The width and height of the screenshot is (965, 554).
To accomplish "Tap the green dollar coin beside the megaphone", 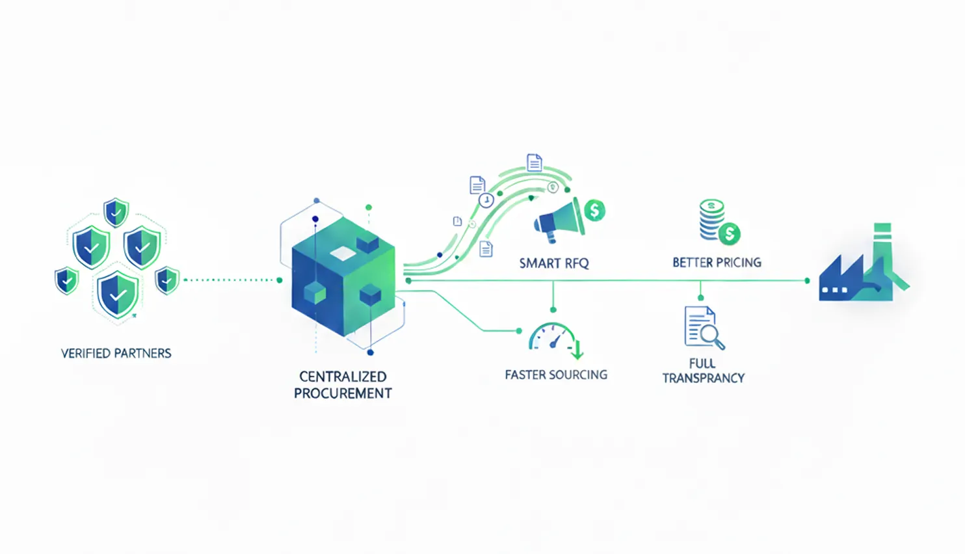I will pyautogui.click(x=594, y=210).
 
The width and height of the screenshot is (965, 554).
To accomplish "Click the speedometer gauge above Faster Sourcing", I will pyautogui.click(x=553, y=338).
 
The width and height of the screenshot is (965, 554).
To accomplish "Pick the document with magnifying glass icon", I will pyautogui.click(x=703, y=328).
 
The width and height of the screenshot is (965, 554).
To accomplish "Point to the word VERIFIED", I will pyautogui.click(x=86, y=354).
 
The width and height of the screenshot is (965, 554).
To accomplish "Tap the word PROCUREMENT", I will pyautogui.click(x=343, y=393).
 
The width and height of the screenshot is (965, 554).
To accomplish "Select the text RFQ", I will pyautogui.click(x=575, y=263).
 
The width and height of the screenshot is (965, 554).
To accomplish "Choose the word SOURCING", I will pyautogui.click(x=578, y=375).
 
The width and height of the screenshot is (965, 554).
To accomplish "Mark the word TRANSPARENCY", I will pyautogui.click(x=704, y=378).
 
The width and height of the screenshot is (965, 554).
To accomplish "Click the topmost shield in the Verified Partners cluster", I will pyautogui.click(x=116, y=212).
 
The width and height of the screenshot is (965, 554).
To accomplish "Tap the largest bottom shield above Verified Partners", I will pyautogui.click(x=118, y=295).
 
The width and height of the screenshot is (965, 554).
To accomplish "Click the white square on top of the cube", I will pyautogui.click(x=343, y=253).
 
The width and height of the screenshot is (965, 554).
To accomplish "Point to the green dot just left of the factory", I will pyautogui.click(x=807, y=281).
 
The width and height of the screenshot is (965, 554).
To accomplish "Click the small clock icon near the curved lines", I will pyautogui.click(x=486, y=200).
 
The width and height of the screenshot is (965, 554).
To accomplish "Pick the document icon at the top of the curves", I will pyautogui.click(x=534, y=163).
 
